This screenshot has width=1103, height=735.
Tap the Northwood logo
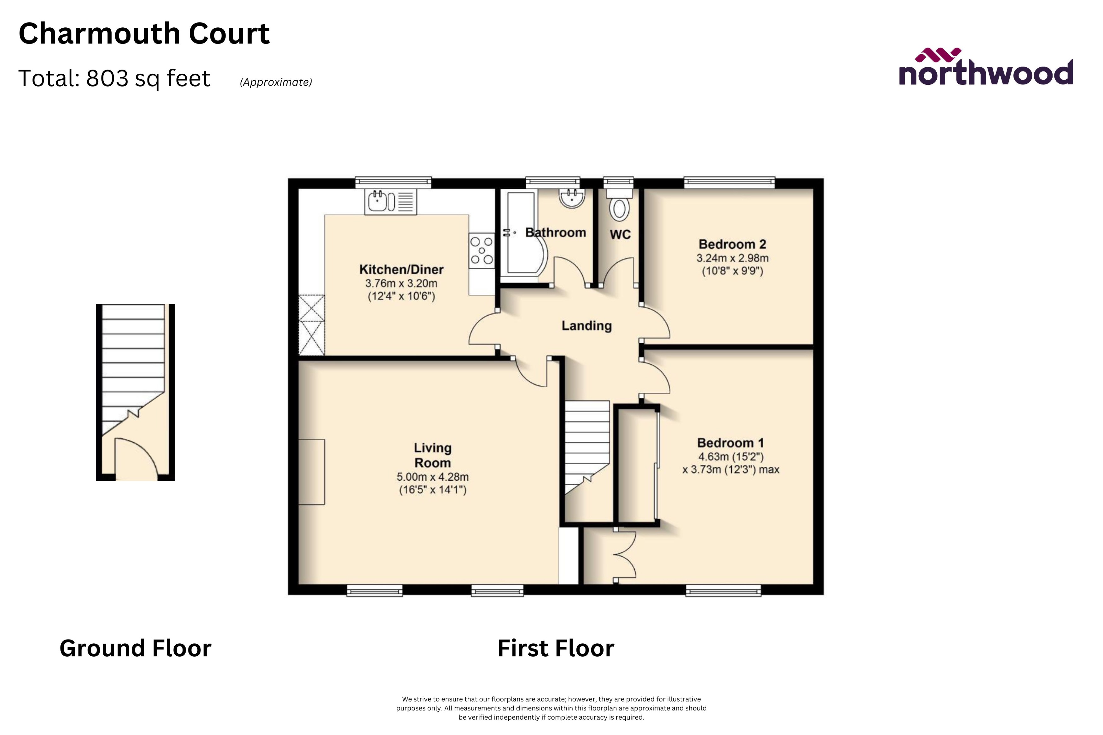click(985, 68)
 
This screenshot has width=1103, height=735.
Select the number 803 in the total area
click(107, 78)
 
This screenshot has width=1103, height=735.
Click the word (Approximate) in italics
click(276, 82)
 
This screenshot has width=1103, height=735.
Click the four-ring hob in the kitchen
click(482, 250)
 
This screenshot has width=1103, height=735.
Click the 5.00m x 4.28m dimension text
click(432, 477)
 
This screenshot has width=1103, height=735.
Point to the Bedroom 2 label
click(732, 244)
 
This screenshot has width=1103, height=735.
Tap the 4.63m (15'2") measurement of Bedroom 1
click(731, 457)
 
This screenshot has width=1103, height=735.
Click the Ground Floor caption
click(135, 648)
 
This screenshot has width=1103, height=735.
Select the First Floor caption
click(556, 648)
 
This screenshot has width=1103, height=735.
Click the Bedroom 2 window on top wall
click(729, 182)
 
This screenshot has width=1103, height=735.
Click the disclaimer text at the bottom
click(551, 708)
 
